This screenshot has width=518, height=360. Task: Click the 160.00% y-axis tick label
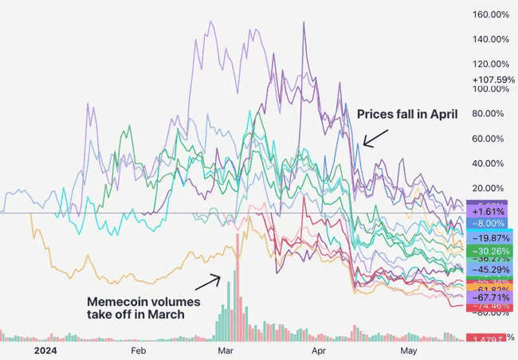[x=491, y=14]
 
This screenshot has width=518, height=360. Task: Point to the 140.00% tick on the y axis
[x=491, y=39]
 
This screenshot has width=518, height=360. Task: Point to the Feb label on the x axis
[x=138, y=349]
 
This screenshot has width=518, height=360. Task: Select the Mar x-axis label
[x=226, y=349]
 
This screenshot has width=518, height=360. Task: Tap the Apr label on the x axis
[x=319, y=349]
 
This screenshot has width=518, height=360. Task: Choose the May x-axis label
[x=408, y=349]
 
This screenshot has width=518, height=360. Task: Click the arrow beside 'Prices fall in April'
[x=375, y=136]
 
